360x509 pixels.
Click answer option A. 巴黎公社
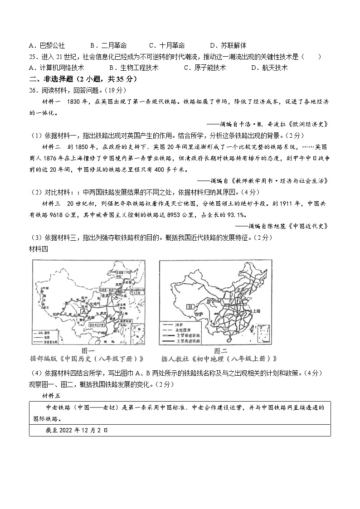click(x=47, y=45)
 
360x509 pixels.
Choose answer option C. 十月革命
click(x=167, y=45)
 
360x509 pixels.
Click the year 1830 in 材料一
click(x=73, y=102)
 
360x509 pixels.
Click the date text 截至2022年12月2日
click(x=77, y=430)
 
